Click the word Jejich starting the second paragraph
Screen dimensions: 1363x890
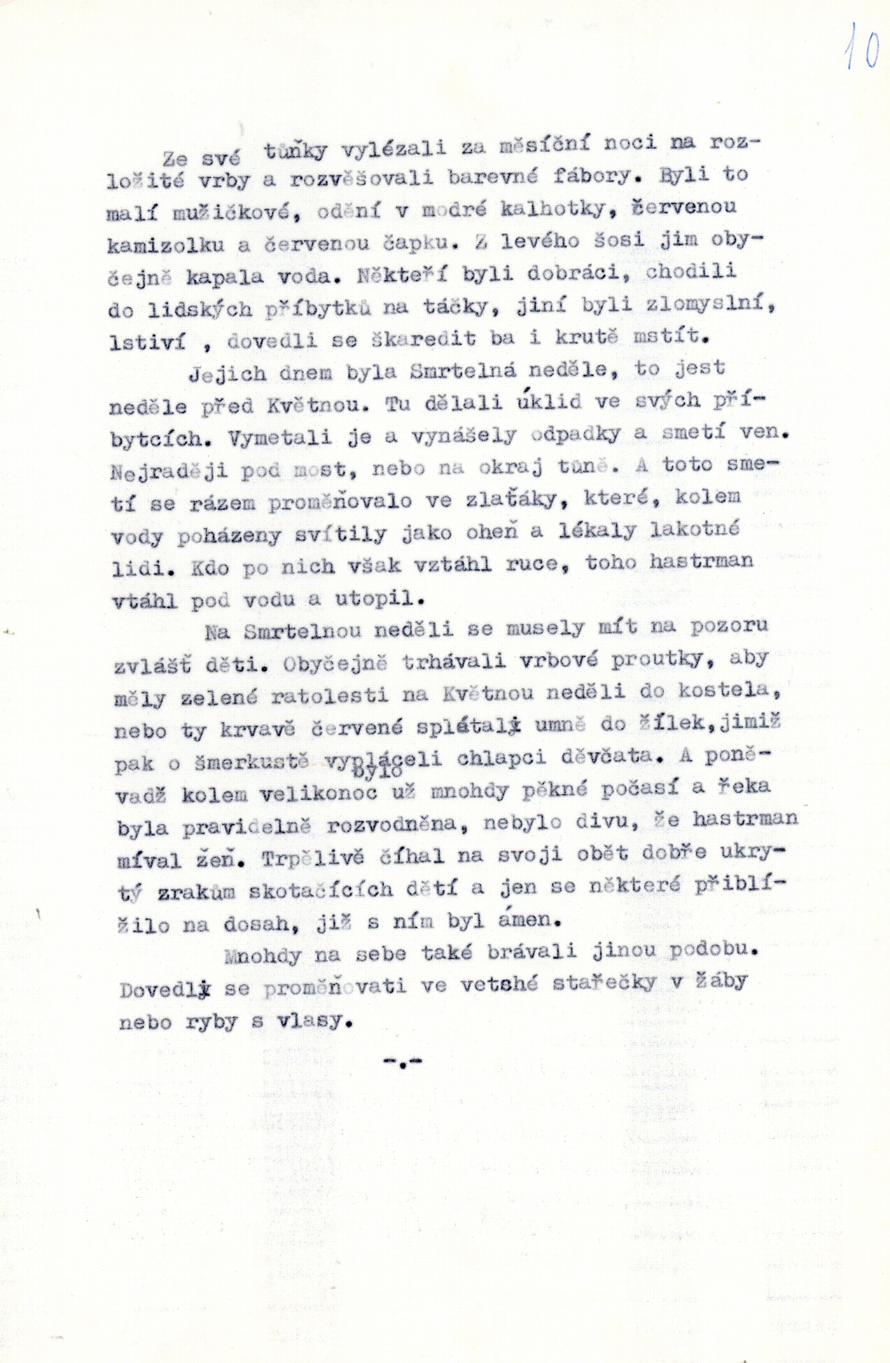pos(228,373)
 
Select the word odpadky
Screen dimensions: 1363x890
pos(575,434)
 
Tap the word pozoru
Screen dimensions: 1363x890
pos(729,626)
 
